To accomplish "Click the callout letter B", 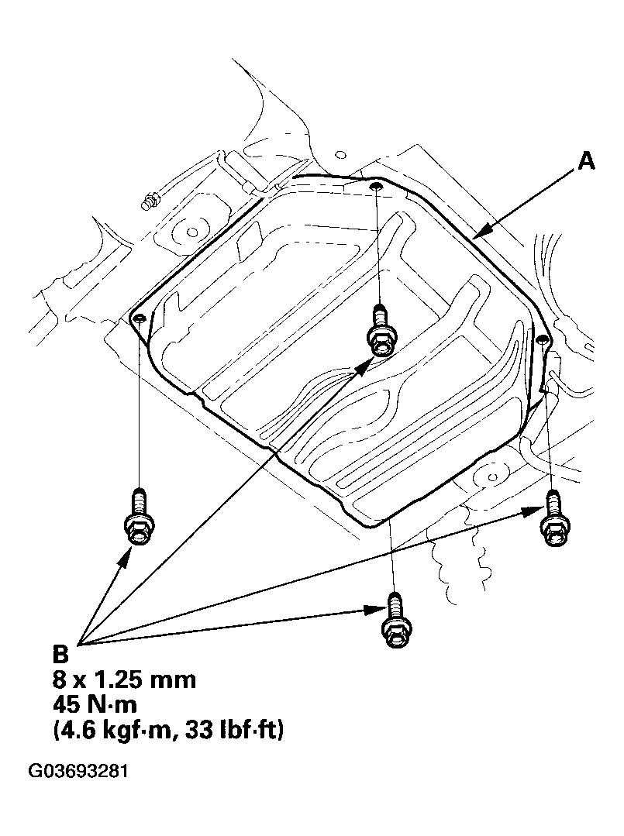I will pos(60,654).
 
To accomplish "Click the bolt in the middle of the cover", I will pos(381,330).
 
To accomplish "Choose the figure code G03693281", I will pos(78,772).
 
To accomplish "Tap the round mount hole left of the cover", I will pos(186,232).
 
